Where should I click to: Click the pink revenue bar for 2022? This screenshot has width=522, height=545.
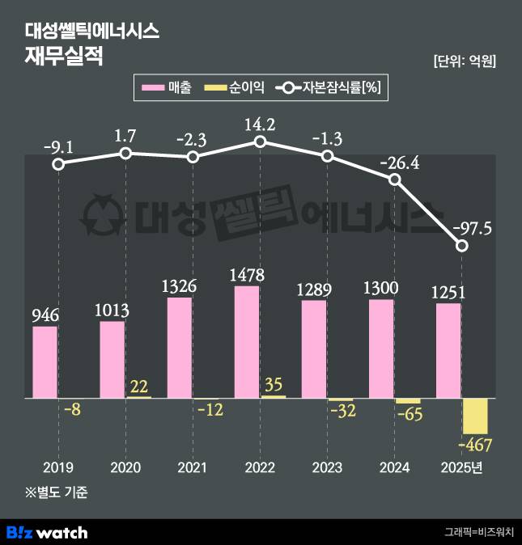click(247, 341)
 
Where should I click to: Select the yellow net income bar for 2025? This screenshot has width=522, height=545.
click(475, 416)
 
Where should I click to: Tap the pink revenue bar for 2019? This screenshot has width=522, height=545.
click(45, 362)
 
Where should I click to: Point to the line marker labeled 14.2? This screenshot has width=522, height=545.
click(260, 142)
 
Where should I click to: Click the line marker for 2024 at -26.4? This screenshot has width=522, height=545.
click(395, 180)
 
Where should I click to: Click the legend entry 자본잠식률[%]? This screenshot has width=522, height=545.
click(332, 87)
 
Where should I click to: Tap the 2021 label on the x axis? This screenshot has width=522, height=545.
click(193, 467)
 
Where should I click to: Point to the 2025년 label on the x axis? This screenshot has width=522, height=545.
click(462, 467)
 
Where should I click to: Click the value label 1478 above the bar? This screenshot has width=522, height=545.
click(247, 275)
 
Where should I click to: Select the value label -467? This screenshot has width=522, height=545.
click(475, 445)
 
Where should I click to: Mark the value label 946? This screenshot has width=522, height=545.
click(45, 315)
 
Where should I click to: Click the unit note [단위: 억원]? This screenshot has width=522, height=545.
click(465, 61)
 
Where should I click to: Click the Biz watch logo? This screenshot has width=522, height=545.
click(47, 532)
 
